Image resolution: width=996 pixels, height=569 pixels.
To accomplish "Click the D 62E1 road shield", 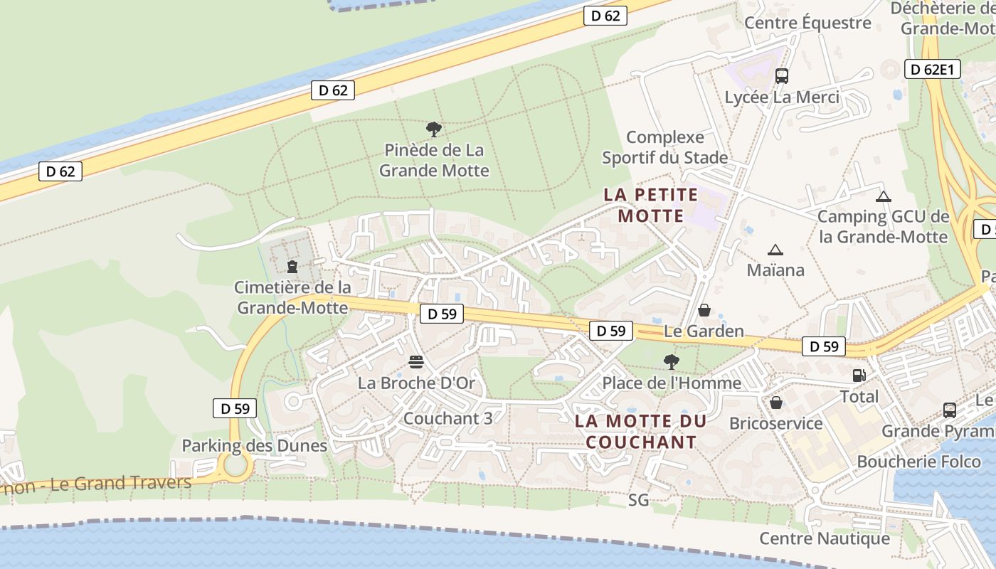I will [x=933, y=69].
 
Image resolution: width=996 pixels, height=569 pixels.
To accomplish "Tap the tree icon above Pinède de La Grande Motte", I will [x=433, y=129].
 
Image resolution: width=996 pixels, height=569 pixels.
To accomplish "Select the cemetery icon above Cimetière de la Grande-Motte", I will [x=292, y=267].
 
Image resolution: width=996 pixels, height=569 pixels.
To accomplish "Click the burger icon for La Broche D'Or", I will [x=416, y=363].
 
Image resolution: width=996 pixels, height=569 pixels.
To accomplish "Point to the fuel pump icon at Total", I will [x=859, y=375].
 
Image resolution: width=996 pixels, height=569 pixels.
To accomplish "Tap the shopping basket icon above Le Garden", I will [x=704, y=310].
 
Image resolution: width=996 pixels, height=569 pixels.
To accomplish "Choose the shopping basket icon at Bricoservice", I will [x=776, y=403].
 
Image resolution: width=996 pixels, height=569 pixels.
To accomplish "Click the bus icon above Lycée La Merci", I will [x=782, y=75].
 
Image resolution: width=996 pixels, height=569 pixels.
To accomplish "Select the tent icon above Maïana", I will [x=775, y=250].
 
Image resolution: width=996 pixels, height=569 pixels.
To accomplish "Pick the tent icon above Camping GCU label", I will [x=883, y=196].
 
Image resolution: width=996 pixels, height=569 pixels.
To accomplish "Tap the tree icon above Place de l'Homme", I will [x=671, y=362].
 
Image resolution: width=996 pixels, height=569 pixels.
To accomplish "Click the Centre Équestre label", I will [x=807, y=23].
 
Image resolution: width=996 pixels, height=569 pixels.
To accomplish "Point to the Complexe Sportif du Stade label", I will [x=665, y=147].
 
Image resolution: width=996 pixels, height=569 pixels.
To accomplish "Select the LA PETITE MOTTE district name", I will [x=651, y=205].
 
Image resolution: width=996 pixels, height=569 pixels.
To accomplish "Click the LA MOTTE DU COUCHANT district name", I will [x=640, y=431].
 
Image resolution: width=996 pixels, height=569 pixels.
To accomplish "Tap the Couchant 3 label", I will [x=447, y=418].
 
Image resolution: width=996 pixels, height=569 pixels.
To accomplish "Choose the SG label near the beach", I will [x=639, y=500].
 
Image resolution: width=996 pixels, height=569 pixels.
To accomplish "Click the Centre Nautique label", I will [x=825, y=538].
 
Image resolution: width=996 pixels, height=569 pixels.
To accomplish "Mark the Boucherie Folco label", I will [x=918, y=462].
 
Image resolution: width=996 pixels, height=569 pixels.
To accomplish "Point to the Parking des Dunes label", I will [x=254, y=446].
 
